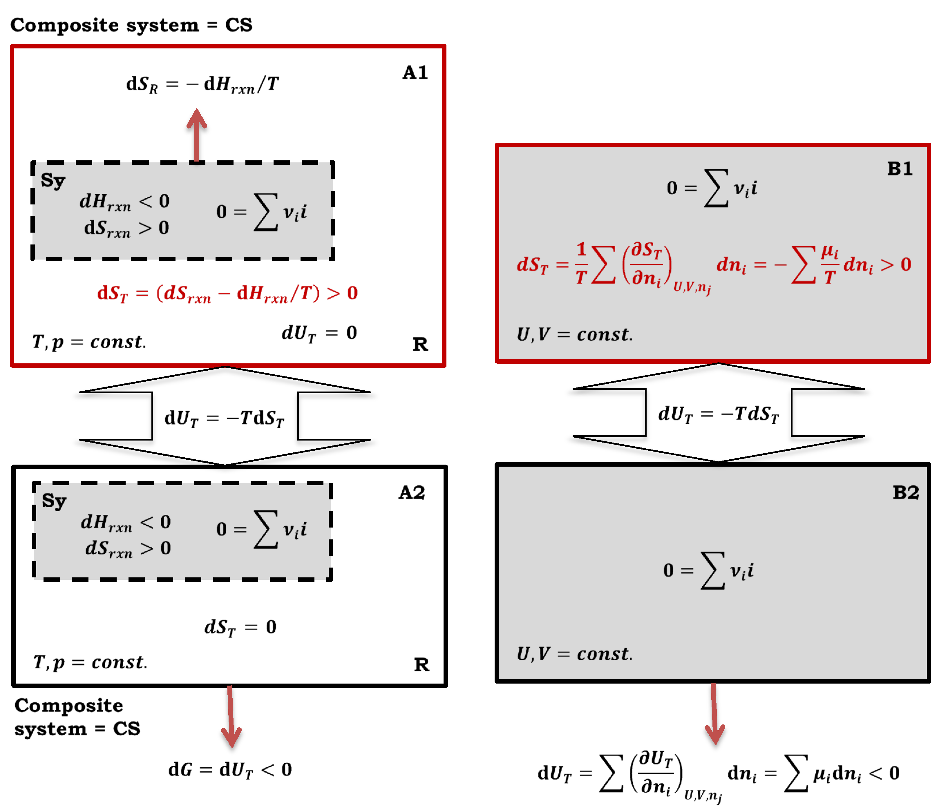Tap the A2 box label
(x=412, y=493)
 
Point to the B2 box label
(x=905, y=493)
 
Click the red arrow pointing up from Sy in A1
(x=197, y=135)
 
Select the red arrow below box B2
(x=714, y=713)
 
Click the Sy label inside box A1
(x=53, y=181)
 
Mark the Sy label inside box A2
(x=54, y=501)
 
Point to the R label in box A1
(x=420, y=345)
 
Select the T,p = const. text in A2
(x=90, y=662)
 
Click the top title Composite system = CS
(x=131, y=25)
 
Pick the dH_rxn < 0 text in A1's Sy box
(x=124, y=202)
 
